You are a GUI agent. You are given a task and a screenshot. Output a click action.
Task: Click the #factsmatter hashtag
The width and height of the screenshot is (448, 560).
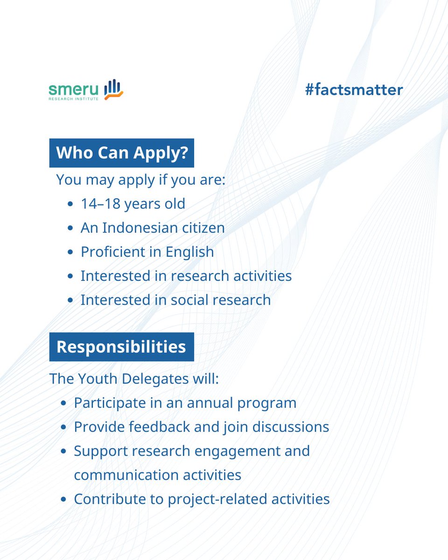pos(354,89)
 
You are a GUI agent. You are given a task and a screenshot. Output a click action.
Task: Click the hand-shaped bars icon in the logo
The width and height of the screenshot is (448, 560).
pos(113,90)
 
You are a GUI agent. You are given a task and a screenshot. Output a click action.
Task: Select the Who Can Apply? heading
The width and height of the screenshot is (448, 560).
pos(121,153)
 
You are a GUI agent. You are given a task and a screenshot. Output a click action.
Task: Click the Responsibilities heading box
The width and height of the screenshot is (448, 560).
pos(121,347)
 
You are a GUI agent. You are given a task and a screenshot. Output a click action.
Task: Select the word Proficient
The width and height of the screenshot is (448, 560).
pos(111,252)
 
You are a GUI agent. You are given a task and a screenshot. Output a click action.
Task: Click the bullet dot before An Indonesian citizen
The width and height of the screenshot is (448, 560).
pos(70,228)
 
